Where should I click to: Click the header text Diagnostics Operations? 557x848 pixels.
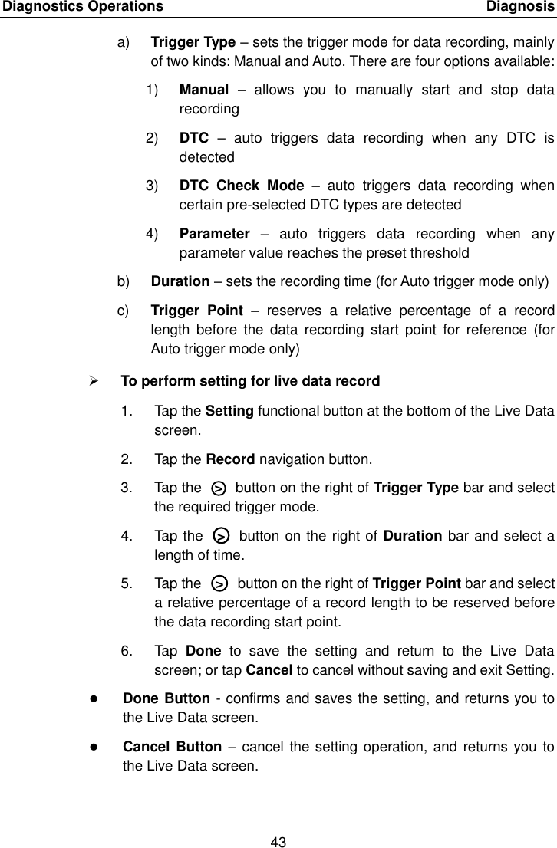(81, 7)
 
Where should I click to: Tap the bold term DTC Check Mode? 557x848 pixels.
(242, 186)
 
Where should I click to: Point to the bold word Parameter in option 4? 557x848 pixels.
(214, 234)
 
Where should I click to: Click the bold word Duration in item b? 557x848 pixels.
(180, 281)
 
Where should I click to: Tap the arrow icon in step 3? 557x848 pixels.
(219, 488)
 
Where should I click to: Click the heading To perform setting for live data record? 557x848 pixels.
(250, 381)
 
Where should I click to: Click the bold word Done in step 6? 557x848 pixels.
(203, 652)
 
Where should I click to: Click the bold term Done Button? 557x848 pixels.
(166, 699)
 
